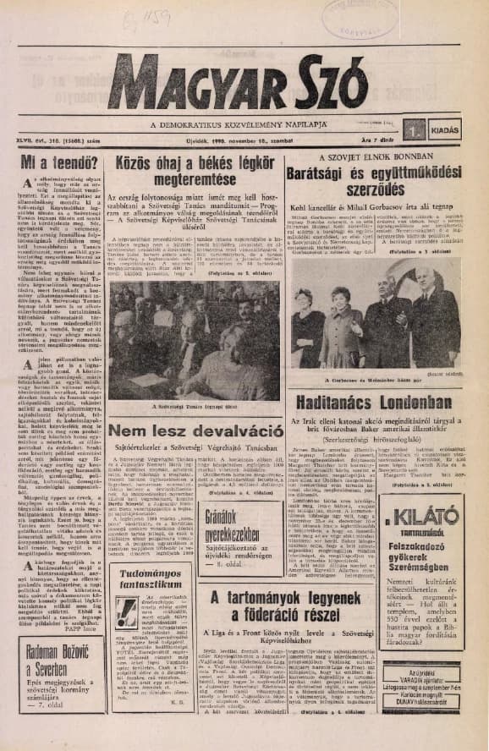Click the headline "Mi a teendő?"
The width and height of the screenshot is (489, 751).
click(x=58, y=163)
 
